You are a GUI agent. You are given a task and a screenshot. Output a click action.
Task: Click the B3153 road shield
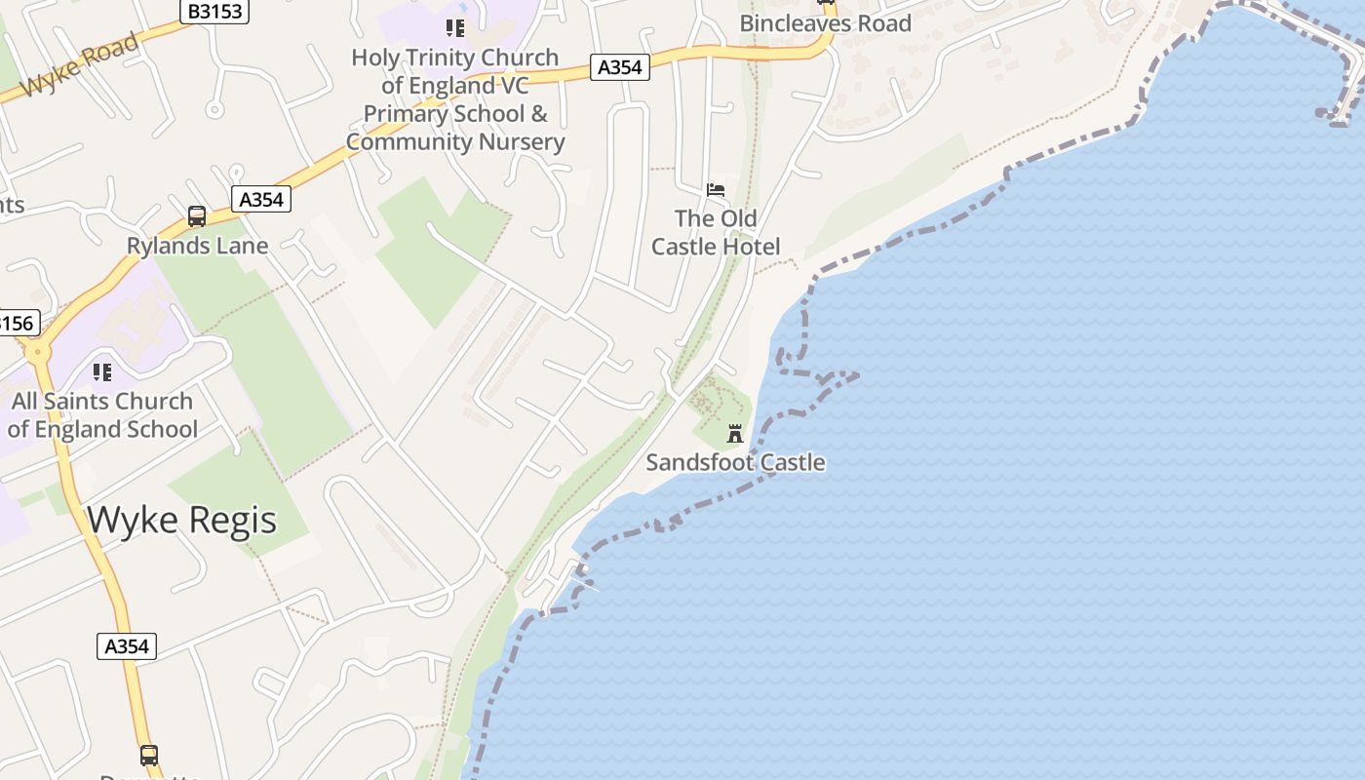pyautogui.click(x=215, y=11)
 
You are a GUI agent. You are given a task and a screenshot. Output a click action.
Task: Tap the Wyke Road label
pyautogui.click(x=79, y=66)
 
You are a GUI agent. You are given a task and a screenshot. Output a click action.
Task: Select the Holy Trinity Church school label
pyautogui.click(x=455, y=99)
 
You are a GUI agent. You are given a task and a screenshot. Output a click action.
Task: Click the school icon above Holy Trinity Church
pyautogui.click(x=455, y=27)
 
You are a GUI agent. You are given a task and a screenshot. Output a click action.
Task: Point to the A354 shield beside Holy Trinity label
pyautogui.click(x=619, y=67)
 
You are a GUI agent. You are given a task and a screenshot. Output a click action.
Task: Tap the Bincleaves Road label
pyautogui.click(x=825, y=23)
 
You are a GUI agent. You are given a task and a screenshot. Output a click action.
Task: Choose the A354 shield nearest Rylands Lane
pyautogui.click(x=261, y=200)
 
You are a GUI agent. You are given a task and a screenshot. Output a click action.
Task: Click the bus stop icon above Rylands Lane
pyautogui.click(x=197, y=216)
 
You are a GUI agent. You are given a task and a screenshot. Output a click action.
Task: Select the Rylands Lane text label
pyautogui.click(x=197, y=246)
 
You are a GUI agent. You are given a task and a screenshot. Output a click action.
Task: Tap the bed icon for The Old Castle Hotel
pyautogui.click(x=716, y=190)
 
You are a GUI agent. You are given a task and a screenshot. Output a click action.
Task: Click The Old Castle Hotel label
pyautogui.click(x=716, y=232)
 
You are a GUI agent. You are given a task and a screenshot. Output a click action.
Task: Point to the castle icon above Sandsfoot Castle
pyautogui.click(x=735, y=434)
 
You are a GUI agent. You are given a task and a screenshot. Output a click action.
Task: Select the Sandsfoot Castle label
pyautogui.click(x=735, y=462)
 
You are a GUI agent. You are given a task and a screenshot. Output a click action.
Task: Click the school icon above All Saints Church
pyautogui.click(x=101, y=371)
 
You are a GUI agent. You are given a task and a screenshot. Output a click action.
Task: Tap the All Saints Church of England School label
pyautogui.click(x=101, y=415)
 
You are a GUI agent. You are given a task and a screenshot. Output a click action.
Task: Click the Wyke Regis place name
pyautogui.click(x=181, y=520)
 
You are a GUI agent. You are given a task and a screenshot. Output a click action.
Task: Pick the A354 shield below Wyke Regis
pyautogui.click(x=127, y=645)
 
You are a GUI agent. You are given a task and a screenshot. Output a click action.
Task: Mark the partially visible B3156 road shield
pyautogui.click(x=17, y=323)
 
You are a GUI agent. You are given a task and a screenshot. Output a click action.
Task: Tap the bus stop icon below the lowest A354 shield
pyautogui.click(x=148, y=755)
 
